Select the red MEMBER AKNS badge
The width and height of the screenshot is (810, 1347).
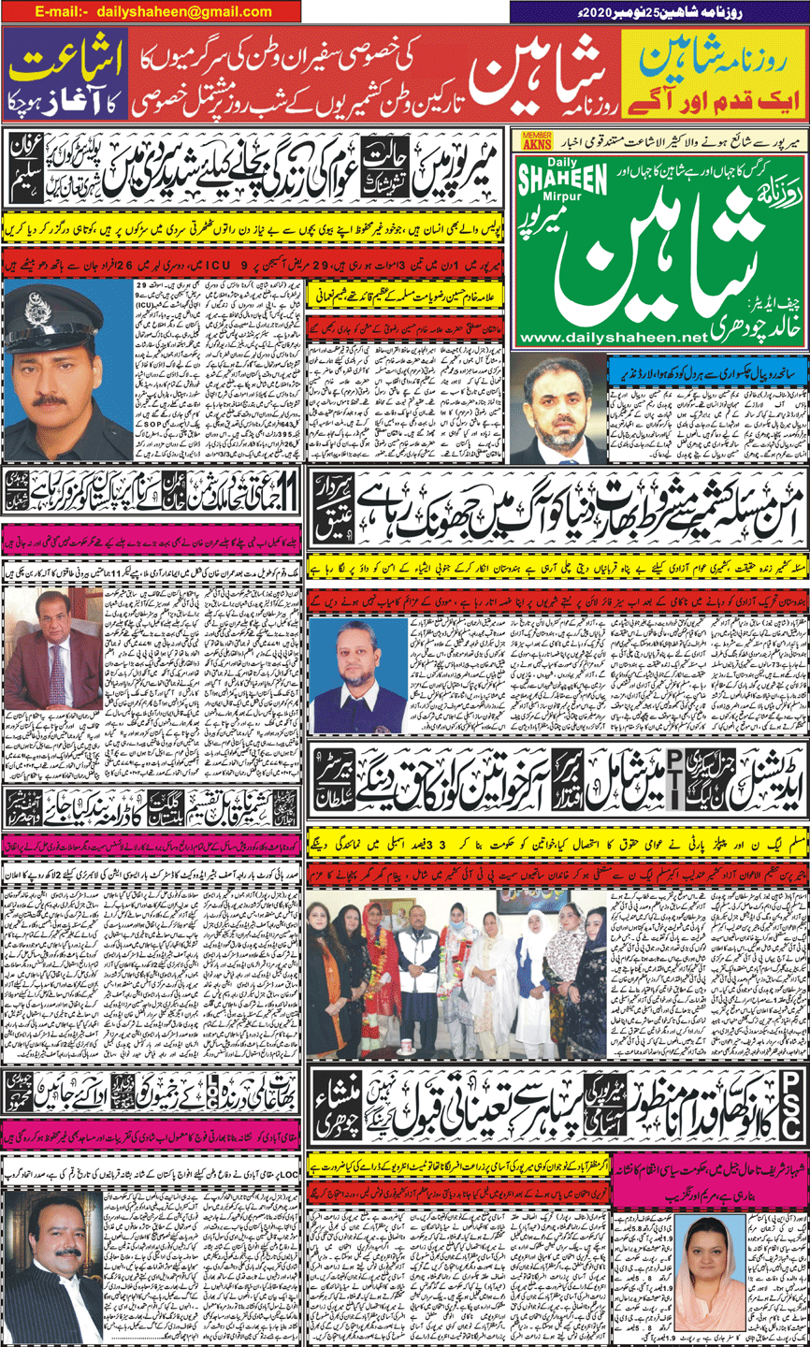[x=536, y=138]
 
